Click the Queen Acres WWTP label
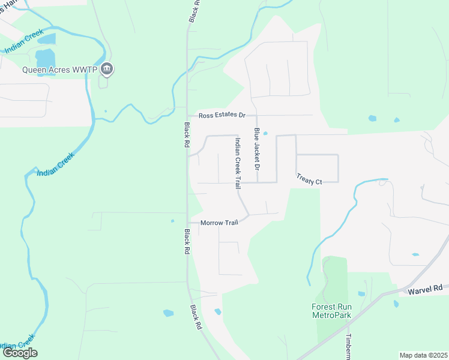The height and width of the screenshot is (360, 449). point(60,69)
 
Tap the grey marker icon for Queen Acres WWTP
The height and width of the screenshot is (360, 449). point(107,69)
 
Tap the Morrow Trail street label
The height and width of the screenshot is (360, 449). point(219,223)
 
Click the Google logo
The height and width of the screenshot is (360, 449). point(20,353)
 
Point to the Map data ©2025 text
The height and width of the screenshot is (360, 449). point(423,355)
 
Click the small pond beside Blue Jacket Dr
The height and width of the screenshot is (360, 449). point(265,134)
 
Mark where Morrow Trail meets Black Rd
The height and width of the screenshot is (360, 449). point(187,223)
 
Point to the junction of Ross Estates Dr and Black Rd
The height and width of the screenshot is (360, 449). point(187,115)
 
